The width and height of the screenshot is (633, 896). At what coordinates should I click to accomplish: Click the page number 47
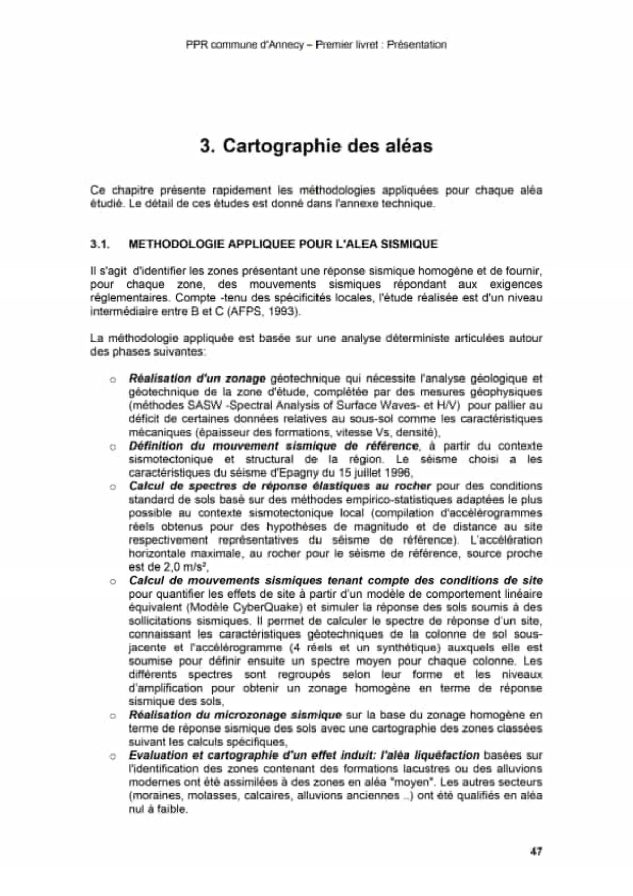click(x=535, y=852)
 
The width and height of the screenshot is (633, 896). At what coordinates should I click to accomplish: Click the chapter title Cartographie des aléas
click(x=328, y=146)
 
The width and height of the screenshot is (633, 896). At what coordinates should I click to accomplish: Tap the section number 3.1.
click(x=101, y=244)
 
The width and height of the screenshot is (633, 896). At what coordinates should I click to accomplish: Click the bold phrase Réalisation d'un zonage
click(x=197, y=379)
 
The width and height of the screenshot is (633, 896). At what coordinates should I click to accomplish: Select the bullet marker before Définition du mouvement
click(x=113, y=447)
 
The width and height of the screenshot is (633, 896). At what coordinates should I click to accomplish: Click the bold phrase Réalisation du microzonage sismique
click(x=235, y=715)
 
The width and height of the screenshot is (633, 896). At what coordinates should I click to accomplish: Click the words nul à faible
click(x=158, y=809)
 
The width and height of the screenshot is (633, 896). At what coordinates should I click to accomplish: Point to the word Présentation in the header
click(x=417, y=44)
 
